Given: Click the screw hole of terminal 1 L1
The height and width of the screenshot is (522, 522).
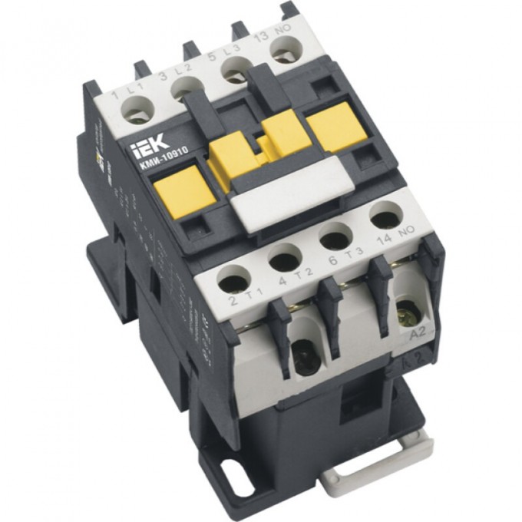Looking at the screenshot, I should (138, 116).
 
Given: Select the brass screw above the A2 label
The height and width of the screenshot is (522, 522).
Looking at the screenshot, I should (405, 313).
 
